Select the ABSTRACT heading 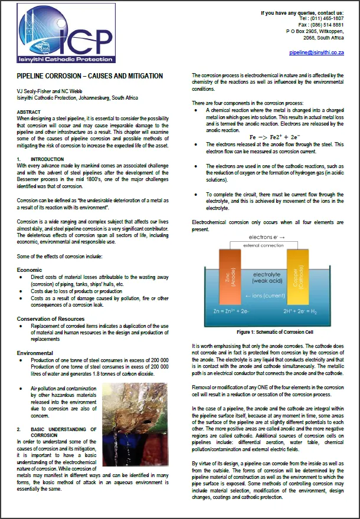pyautogui.click(x=29, y=112)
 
